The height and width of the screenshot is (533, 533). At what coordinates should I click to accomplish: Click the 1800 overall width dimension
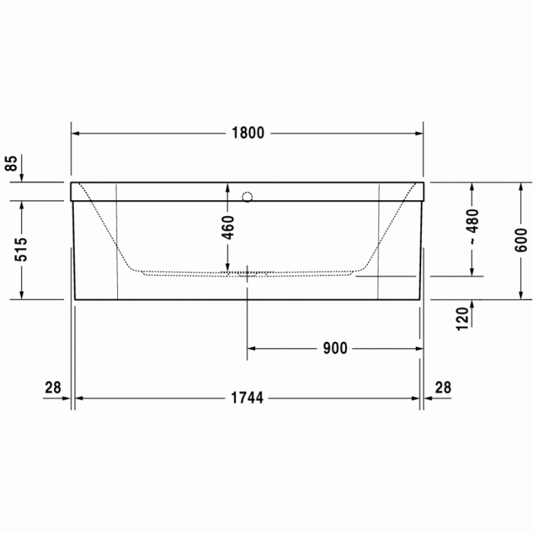point(247,133)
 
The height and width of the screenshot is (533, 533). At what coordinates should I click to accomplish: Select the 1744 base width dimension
point(247,397)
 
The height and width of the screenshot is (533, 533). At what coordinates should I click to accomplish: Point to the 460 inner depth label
point(228,227)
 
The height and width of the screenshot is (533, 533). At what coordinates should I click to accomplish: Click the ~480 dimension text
point(474,226)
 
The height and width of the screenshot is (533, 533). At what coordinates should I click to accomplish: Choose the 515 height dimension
point(22,250)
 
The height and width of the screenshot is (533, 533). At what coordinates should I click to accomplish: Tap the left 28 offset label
point(53,388)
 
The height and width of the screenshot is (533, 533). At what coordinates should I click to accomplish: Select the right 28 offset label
point(442,388)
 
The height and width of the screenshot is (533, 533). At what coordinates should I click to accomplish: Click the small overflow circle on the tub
point(246,197)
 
